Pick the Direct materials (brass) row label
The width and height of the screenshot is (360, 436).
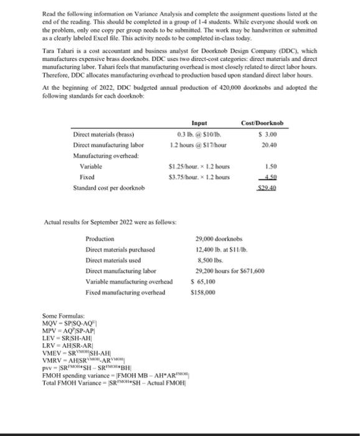coord(104,133)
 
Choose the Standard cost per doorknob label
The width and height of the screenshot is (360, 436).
coord(109,187)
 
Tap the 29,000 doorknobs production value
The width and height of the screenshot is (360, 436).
coord(219,239)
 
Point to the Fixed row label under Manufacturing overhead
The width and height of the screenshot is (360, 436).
coord(87,178)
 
